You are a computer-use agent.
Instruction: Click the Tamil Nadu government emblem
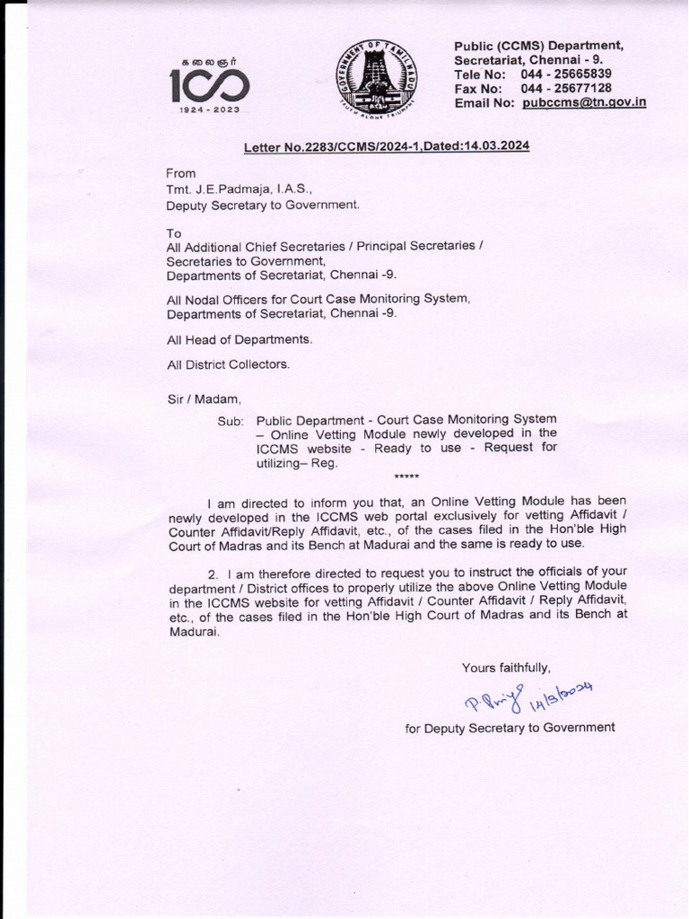pos(376,81)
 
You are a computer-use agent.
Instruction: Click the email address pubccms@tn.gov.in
pos(584,102)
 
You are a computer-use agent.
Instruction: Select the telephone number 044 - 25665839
pos(566,74)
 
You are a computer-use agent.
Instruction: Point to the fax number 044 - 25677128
pos(566,88)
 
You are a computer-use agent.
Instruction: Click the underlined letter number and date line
pos(387,146)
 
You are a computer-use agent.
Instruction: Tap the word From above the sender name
pos(180,173)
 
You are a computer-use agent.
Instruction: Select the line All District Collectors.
pos(228,363)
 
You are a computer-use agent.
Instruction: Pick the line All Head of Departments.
pos(239,339)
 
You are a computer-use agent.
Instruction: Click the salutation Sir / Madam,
pos(204,398)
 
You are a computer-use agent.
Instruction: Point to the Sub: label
pos(231,420)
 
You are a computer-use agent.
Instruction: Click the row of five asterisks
pos(406,476)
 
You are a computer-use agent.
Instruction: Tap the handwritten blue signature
pos(526,696)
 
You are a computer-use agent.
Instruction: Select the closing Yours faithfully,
pos(506,667)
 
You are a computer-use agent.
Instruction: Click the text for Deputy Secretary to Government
pos(510,728)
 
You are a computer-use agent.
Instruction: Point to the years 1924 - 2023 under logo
pos(210,109)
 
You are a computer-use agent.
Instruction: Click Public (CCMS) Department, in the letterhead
pos(538,46)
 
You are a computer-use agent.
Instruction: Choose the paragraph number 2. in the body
pos(214,573)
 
